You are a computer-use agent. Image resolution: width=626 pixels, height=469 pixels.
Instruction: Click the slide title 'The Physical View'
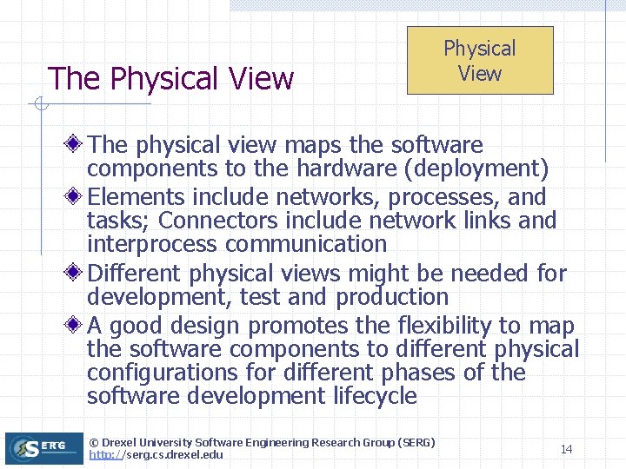[x=171, y=79]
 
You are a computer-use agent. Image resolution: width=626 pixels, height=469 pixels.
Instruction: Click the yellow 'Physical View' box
[x=480, y=60]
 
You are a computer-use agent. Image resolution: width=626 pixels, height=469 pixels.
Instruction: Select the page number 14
[x=566, y=449]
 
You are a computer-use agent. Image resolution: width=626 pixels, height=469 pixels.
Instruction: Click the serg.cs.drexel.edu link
[x=156, y=455]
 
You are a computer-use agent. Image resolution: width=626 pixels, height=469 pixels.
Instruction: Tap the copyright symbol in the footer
[x=94, y=443]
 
